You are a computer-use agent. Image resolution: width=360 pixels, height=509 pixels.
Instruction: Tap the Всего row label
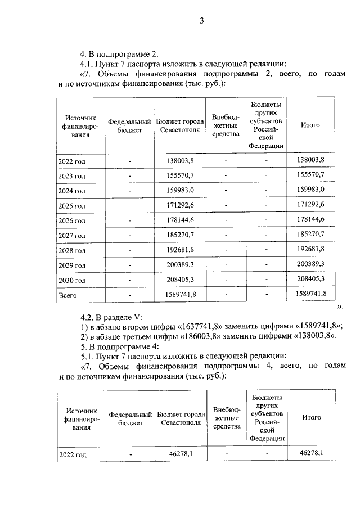[67, 294]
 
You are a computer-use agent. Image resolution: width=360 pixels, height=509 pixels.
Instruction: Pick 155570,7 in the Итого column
[310, 175]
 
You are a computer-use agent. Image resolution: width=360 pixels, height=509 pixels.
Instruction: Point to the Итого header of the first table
[310, 125]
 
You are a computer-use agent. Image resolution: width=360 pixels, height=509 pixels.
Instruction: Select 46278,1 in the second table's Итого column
[311, 452]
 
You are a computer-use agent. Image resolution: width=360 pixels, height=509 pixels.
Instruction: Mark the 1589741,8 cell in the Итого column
[310, 294]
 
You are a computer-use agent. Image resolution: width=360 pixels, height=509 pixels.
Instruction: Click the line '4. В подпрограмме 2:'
[119, 54]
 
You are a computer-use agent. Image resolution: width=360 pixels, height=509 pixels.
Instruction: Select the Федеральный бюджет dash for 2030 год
[129, 280]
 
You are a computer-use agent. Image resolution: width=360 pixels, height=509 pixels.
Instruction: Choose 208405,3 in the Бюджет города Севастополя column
[180, 279]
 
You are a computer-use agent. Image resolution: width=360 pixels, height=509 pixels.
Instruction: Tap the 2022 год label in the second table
[73, 453]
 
